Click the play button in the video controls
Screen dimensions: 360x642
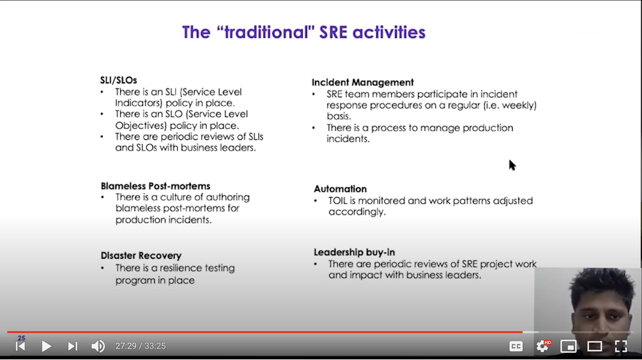(x=46, y=346)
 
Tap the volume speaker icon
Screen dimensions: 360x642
(x=98, y=346)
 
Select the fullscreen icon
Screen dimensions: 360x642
(x=621, y=346)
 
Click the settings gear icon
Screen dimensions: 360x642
(x=542, y=346)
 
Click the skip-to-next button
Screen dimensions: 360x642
(x=72, y=346)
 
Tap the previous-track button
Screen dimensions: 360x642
(x=20, y=346)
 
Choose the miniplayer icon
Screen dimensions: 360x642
(x=568, y=346)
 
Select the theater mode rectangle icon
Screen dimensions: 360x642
(x=594, y=346)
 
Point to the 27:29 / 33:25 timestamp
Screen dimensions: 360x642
(x=140, y=346)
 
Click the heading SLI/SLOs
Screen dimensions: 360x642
(x=118, y=80)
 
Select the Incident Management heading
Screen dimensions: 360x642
(x=362, y=82)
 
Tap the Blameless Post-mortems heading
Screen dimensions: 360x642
(x=155, y=186)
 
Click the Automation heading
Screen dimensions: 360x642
(x=340, y=189)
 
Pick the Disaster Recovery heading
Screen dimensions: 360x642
(x=141, y=255)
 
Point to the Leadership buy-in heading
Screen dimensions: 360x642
(x=354, y=252)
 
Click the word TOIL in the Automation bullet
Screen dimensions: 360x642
(x=338, y=201)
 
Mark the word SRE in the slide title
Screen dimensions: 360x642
(x=333, y=32)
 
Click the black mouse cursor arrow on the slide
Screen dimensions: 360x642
(x=512, y=165)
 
